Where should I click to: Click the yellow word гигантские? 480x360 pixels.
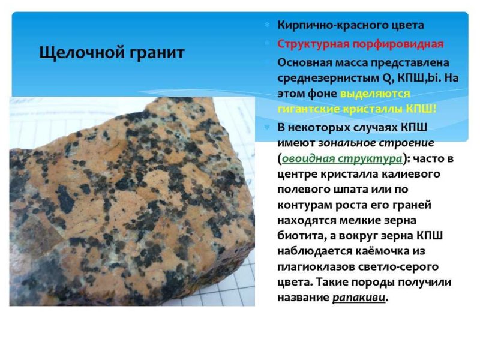[x=307, y=109]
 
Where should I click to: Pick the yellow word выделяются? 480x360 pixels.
[x=375, y=94]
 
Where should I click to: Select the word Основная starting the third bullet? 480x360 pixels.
[x=304, y=62]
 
